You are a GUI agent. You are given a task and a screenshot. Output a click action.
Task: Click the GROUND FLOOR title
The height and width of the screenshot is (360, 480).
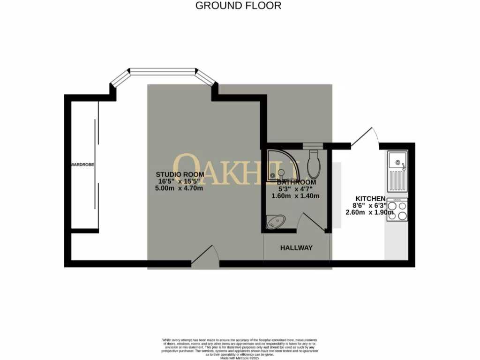pyautogui.click(x=238, y=6)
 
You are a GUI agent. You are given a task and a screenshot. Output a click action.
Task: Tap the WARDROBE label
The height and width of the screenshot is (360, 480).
pyautogui.click(x=83, y=165)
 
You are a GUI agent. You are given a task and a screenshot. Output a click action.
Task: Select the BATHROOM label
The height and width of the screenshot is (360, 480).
pyautogui.click(x=296, y=182)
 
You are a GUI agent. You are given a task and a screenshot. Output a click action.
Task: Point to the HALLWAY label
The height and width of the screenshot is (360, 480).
pyautogui.click(x=296, y=247)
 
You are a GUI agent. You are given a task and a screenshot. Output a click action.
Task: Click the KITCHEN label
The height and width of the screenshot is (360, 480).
pyautogui.click(x=370, y=199)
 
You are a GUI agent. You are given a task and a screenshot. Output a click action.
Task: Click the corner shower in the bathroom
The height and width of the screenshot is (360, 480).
pyautogui.click(x=279, y=165)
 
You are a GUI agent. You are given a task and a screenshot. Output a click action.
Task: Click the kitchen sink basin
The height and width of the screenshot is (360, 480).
pyautogui.click(x=397, y=161)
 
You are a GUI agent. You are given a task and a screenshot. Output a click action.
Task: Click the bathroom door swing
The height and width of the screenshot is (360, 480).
pyautogui.click(x=313, y=222)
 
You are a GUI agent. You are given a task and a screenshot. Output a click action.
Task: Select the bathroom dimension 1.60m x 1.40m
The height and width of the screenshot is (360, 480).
pyautogui.click(x=296, y=196)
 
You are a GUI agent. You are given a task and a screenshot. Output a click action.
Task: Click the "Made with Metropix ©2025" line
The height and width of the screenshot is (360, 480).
pyautogui.click(x=240, y=358)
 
